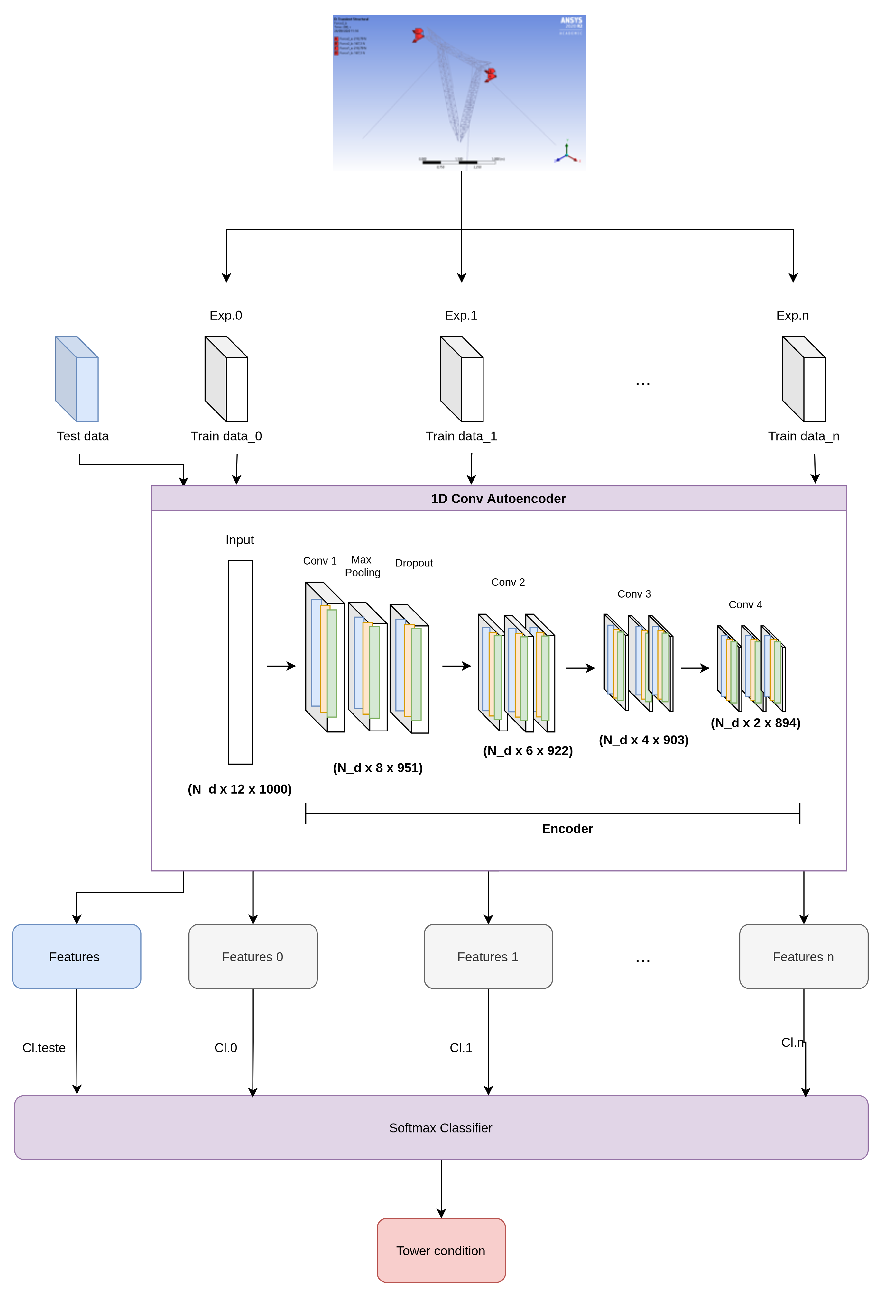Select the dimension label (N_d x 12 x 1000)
tap(240, 789)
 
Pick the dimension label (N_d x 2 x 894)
tap(755, 723)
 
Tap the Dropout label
tap(414, 562)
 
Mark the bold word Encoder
tap(567, 829)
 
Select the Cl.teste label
tap(44, 1047)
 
